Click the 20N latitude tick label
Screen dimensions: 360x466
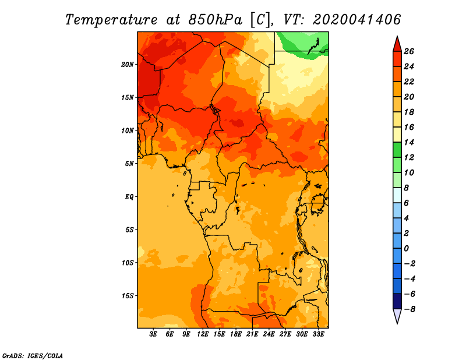(128, 64)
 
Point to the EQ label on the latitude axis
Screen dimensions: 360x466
(129, 196)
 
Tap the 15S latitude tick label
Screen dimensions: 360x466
(128, 295)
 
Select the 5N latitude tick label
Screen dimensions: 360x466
(129, 163)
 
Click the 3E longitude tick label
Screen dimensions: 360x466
(153, 334)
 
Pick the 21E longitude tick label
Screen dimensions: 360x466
(252, 334)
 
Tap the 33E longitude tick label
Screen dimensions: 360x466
(318, 334)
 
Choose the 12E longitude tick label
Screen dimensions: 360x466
(203, 334)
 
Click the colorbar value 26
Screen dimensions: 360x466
(408, 51)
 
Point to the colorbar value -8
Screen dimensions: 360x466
(409, 309)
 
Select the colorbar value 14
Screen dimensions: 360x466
(408, 142)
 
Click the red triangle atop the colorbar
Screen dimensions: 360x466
(397, 44)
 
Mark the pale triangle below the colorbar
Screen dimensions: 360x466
(397, 316)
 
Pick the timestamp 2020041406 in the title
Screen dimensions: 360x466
(357, 19)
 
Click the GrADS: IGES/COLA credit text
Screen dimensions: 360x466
(32, 355)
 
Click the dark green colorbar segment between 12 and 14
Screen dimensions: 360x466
(397, 150)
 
